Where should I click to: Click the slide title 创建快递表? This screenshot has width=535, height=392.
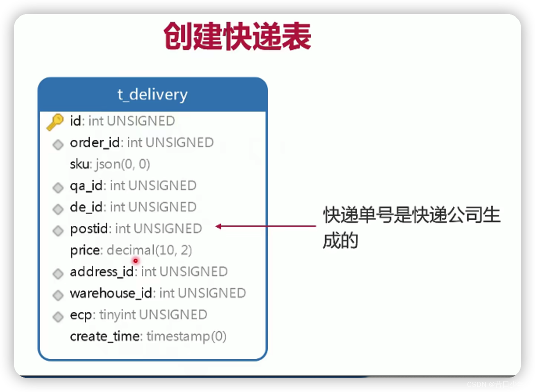[237, 36]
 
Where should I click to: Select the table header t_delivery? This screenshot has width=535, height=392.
[153, 95]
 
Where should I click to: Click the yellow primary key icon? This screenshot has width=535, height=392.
[55, 122]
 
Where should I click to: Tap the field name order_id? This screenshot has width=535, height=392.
[95, 143]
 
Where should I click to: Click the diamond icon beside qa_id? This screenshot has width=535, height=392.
[58, 188]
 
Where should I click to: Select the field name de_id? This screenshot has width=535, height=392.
[86, 207]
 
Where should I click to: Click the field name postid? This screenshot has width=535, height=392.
[89, 228]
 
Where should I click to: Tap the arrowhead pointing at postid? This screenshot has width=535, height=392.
[219, 226]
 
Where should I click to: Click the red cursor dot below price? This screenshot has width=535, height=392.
[136, 261]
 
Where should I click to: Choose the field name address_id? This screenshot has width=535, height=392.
[102, 272]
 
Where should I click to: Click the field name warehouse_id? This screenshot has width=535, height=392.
[111, 293]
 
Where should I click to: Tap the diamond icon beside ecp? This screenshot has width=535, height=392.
[58, 316]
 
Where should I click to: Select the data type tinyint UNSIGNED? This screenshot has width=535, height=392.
[153, 315]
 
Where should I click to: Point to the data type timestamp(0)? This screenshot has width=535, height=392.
[186, 336]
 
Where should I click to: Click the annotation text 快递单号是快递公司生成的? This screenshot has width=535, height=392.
[411, 227]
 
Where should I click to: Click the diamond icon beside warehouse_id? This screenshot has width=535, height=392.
[58, 295]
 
